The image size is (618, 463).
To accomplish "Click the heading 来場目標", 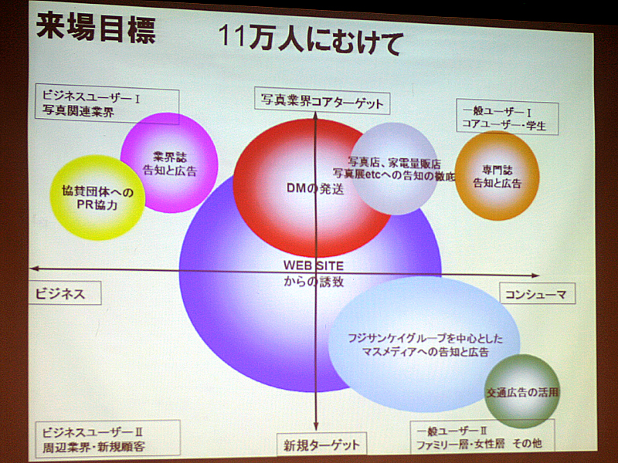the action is coord(96,29).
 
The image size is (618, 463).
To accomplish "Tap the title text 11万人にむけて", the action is coord(311,39).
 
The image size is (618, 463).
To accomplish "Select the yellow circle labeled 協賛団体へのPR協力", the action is coord(97,198).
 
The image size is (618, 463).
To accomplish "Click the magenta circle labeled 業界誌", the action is coord(169,163).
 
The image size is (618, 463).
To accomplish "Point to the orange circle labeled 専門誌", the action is coord(497,176).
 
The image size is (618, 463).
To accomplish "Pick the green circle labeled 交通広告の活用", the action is coord(522,391).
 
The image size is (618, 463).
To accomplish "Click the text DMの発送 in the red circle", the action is coord(315,188).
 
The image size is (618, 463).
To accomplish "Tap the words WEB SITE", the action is coord(314,265).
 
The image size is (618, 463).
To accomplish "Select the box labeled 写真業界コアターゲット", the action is coord(322,101).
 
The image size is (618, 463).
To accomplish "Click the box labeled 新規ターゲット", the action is coord(321,444).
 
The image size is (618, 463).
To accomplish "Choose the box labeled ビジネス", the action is coord(65,293).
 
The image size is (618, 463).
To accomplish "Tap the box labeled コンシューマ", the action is coord(537,293).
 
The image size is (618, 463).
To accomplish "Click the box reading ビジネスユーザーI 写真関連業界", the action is coord(107,103).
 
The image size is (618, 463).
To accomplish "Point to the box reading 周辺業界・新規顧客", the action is coord(107,439).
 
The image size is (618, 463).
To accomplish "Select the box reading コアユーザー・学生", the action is coord(508,117).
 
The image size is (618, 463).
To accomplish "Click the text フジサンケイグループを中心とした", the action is coord(426,338).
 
